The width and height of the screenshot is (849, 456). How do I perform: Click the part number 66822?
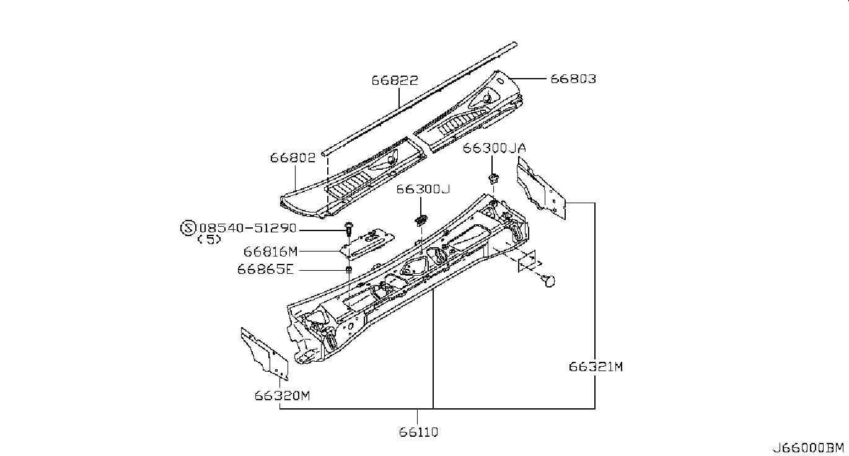click(x=395, y=81)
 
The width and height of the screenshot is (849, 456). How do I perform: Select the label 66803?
click(x=573, y=79)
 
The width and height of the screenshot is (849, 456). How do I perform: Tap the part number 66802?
click(x=293, y=158)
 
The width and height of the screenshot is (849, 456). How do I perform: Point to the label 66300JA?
click(x=495, y=148)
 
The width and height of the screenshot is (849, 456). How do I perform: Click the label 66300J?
click(x=423, y=189)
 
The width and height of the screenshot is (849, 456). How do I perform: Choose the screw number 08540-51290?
click(x=248, y=228)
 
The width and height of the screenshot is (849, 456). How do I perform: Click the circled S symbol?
click(x=188, y=228)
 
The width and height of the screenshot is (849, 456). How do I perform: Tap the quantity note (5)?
click(x=209, y=240)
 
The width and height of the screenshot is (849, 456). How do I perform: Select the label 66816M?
click(x=271, y=252)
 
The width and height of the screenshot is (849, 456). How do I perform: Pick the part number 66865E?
click(x=265, y=269)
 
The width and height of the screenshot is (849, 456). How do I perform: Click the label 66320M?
click(x=282, y=396)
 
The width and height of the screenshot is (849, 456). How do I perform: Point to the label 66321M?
click(x=596, y=367)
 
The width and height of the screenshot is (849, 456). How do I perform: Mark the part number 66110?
click(x=418, y=432)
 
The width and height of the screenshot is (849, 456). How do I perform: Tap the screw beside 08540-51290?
click(x=348, y=228)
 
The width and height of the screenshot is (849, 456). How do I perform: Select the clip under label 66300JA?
click(x=493, y=178)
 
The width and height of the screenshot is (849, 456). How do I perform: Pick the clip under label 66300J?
click(x=421, y=220)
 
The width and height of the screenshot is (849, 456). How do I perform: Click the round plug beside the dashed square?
click(x=548, y=281)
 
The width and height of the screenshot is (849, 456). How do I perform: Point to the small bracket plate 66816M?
click(x=367, y=244)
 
